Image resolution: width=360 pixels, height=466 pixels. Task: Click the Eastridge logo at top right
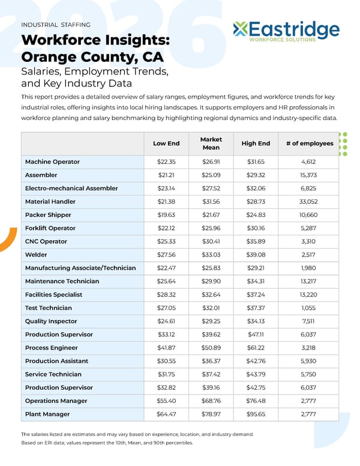(x=286, y=31)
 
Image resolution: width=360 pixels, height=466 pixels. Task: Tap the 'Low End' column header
(x=166, y=144)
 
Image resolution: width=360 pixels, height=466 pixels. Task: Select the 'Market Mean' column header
(x=211, y=144)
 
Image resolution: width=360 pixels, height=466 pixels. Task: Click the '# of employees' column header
(x=309, y=144)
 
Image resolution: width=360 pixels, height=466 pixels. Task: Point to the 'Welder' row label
(x=36, y=255)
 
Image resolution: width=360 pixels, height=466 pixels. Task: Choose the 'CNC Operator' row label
(x=46, y=241)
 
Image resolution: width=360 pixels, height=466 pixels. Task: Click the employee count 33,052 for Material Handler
(x=308, y=202)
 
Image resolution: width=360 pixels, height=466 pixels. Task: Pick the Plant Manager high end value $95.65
(x=256, y=414)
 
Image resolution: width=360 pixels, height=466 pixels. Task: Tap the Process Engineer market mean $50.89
(x=211, y=348)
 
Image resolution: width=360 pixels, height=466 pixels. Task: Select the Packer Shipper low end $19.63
(x=166, y=215)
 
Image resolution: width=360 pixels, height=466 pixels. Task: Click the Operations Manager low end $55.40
(x=166, y=401)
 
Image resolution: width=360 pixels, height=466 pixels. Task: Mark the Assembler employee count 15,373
(x=308, y=175)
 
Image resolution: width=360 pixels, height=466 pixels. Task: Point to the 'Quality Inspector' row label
(x=51, y=321)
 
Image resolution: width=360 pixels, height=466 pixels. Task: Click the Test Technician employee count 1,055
(x=308, y=308)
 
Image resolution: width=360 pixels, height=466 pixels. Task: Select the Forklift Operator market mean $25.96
(x=211, y=228)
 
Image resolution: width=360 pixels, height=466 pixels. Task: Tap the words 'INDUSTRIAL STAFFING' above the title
(x=56, y=25)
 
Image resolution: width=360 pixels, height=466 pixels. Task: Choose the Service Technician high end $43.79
(x=256, y=375)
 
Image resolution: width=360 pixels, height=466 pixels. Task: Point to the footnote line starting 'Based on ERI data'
(x=107, y=443)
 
